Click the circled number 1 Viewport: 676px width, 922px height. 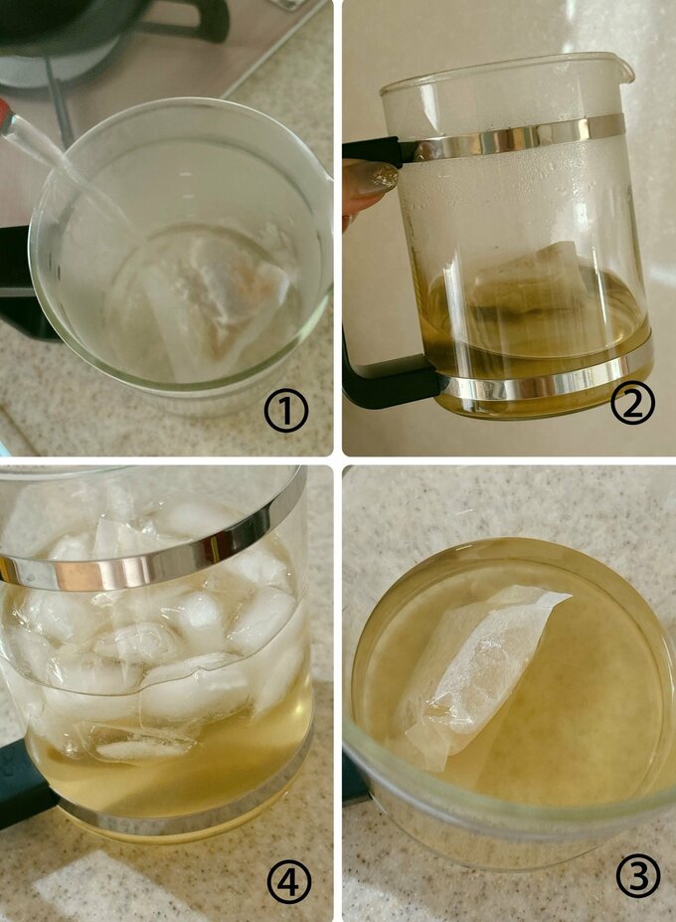point(286,411)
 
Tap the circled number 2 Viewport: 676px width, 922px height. point(632,402)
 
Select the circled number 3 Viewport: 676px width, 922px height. point(638,875)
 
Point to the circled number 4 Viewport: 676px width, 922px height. point(289,882)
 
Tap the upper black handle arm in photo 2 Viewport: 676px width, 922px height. point(373,151)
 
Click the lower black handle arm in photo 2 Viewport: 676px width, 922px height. point(391,382)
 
